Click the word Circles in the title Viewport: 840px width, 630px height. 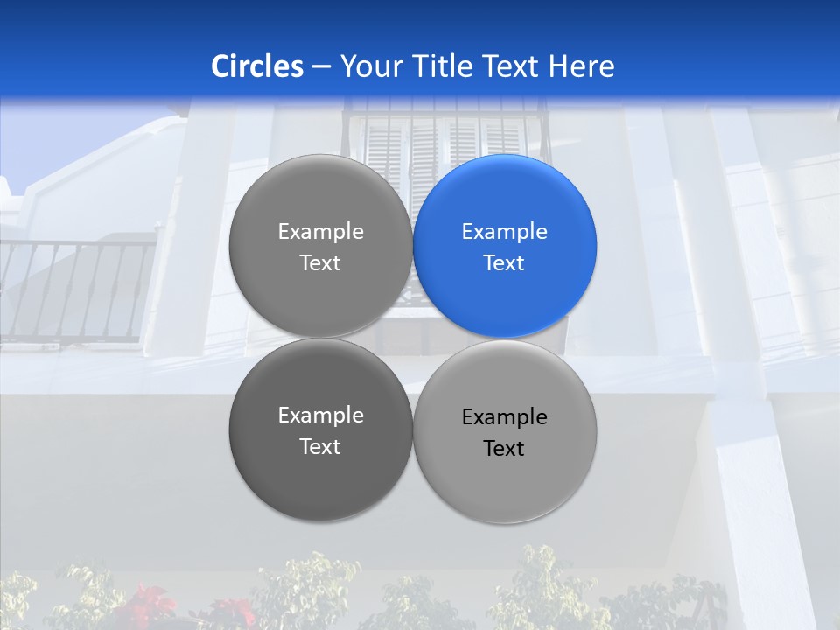[257, 66]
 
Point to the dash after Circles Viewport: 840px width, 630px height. [321, 67]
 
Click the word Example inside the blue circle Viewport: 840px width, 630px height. [504, 232]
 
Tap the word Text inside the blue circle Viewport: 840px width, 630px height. [504, 263]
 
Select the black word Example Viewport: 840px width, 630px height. [504, 417]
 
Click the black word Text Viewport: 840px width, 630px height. [504, 449]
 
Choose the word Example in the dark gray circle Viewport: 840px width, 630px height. [320, 416]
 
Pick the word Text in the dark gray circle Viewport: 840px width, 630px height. [320, 447]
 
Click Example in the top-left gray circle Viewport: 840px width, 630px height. [320, 232]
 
